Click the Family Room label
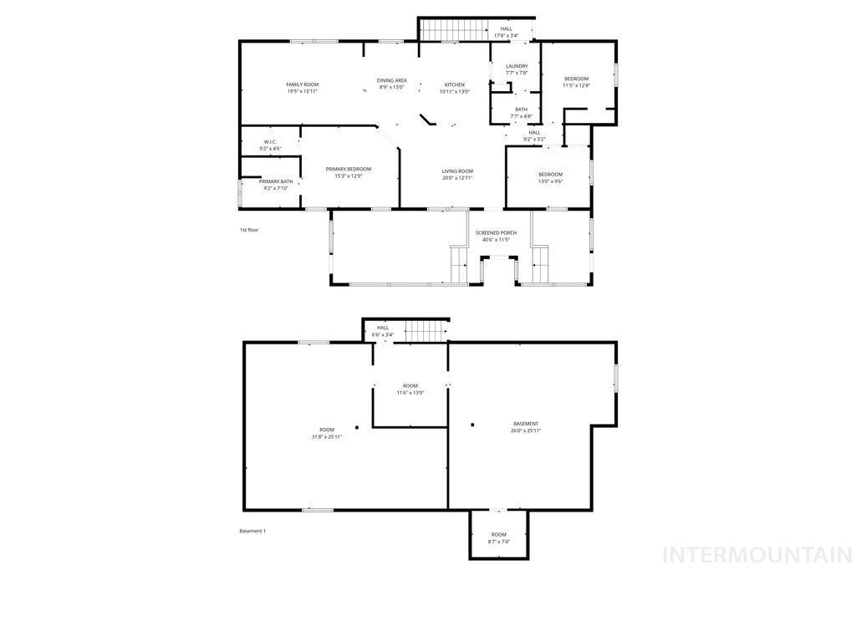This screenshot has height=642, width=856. [302, 84]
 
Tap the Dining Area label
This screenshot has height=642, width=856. [391, 81]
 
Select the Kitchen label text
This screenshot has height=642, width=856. [454, 84]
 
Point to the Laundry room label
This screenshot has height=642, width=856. [517, 66]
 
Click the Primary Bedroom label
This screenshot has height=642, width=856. [348, 169]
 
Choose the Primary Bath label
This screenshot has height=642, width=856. [275, 181]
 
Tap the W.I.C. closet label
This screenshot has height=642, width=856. [270, 142]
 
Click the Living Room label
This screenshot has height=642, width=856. [457, 171]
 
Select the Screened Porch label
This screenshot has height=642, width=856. [496, 232]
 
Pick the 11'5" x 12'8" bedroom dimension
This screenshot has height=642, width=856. [576, 85]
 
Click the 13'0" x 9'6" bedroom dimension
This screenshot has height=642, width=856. [550, 181]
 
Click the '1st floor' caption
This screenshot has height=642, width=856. [249, 229]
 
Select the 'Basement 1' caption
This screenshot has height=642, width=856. [252, 531]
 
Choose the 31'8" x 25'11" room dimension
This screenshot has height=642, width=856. [326, 436]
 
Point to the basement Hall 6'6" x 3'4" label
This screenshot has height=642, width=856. [383, 331]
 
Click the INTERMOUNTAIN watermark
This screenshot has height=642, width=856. [757, 555]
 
